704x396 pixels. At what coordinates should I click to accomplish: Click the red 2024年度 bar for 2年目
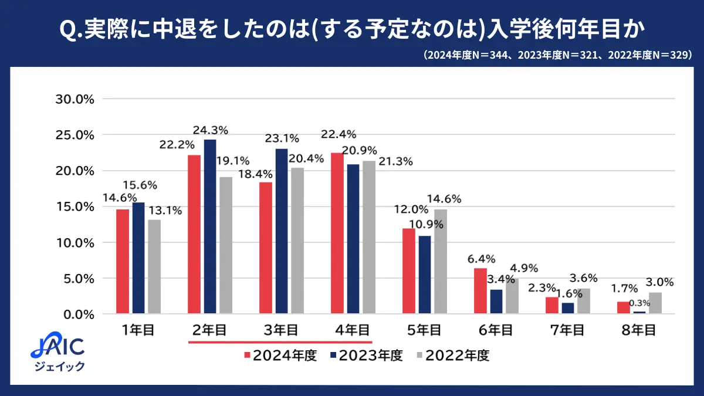pos(194,234)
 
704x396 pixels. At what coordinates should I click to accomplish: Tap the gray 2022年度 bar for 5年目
pos(440,261)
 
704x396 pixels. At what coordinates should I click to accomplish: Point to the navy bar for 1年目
pos(138,258)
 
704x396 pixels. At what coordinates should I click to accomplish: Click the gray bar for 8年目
pos(656,303)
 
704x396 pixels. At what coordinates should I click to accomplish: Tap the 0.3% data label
pos(639,303)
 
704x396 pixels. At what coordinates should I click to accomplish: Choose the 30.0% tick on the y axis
pos(75,99)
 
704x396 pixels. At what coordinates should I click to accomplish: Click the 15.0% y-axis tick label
pos(75,207)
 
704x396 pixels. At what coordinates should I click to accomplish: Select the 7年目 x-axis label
pos(569,330)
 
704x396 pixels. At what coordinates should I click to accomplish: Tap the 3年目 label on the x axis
pos(282,330)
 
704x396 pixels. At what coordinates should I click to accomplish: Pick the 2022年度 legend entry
pos(452,356)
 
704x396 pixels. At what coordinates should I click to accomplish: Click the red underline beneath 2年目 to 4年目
pos(280,341)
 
